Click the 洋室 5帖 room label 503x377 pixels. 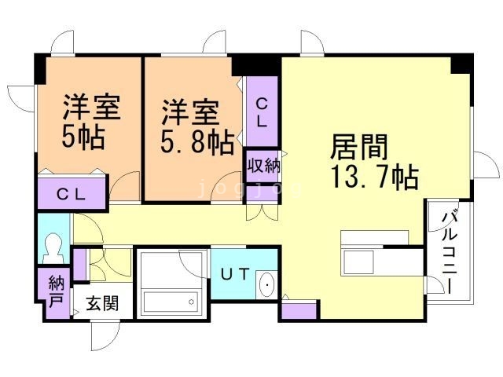click(x=90, y=122)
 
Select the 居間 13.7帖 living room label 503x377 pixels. click(x=374, y=161)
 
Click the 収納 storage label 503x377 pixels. click(x=263, y=167)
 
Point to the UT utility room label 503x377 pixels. click(x=235, y=274)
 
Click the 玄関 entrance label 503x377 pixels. click(x=102, y=303)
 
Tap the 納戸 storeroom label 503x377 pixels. click(x=56, y=291)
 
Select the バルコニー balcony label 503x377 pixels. click(x=449, y=251)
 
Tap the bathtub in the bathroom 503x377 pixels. click(x=171, y=302)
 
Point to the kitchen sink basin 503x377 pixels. click(x=358, y=262)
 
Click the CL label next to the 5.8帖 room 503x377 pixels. click(x=262, y=112)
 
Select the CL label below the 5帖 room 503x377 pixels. click(x=72, y=194)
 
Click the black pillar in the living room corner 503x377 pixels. click(x=461, y=64)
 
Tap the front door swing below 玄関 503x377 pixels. click(x=105, y=336)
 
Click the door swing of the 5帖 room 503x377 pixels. click(x=124, y=186)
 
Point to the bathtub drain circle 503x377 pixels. click(x=192, y=302)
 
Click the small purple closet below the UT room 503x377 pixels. click(x=299, y=311)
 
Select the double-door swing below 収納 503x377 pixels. click(x=262, y=212)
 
